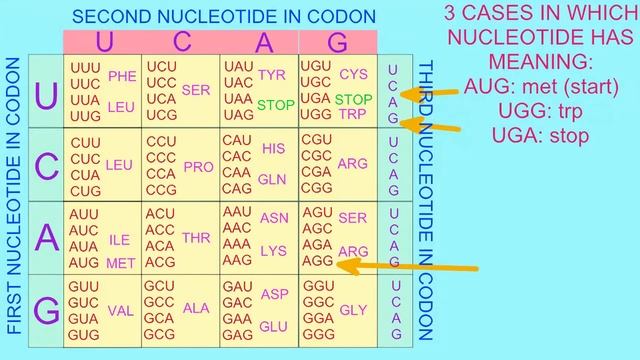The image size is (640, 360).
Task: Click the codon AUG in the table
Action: click(84, 263)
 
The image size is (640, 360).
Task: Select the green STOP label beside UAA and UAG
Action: click(276, 105)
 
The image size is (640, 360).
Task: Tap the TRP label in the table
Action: click(353, 114)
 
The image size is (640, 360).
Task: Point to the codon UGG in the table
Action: click(316, 115)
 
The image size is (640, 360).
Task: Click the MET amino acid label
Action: click(120, 264)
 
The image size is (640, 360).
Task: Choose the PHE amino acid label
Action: click(122, 75)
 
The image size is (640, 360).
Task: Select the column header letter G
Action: click(338, 42)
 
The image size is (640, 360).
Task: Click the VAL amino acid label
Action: click(121, 310)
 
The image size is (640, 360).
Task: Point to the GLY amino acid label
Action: click(354, 310)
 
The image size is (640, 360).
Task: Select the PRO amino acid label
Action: click(199, 167)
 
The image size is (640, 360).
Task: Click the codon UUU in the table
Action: click(84, 67)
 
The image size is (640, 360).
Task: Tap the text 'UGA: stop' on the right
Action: click(541, 136)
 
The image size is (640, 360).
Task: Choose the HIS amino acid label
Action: click(273, 148)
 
